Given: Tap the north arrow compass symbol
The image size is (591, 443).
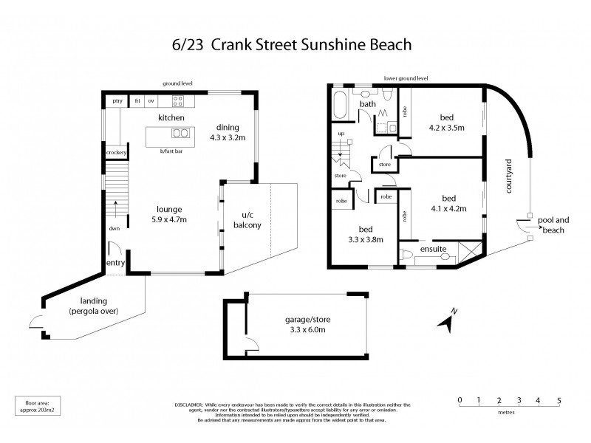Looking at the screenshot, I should [447, 320].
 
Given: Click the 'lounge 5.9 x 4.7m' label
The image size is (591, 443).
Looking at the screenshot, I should [169, 214].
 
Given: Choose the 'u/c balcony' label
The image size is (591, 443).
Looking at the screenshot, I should [247, 219].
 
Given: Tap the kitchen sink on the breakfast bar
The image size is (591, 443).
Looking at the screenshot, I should [179, 134].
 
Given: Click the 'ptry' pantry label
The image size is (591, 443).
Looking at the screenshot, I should [117, 100].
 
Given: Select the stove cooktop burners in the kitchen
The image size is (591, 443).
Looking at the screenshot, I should [178, 100].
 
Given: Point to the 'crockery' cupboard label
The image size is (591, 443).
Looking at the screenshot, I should [117, 153].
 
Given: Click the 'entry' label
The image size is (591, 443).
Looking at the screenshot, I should [116, 263].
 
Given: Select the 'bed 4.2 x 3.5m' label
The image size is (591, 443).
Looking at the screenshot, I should [446, 122].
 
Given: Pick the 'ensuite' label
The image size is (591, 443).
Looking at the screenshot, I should [432, 250].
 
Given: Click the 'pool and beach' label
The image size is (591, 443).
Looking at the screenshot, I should [553, 225].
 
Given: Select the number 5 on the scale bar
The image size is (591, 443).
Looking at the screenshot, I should [559, 402].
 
